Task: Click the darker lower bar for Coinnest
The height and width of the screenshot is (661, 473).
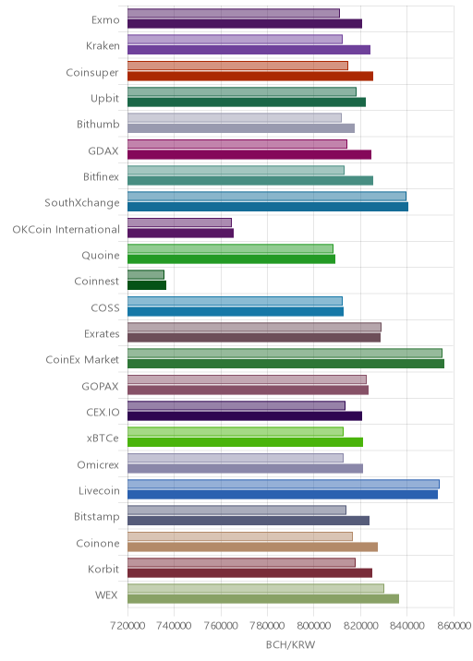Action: coord(147,285)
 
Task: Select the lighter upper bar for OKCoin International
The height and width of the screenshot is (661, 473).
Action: coord(180,222)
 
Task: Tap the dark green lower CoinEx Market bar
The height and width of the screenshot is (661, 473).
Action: coord(286,364)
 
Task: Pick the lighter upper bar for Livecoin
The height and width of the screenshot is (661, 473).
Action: coord(284,484)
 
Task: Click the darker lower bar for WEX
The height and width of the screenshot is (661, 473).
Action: coord(263,599)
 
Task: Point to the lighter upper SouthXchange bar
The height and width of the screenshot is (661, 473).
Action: coord(267,197)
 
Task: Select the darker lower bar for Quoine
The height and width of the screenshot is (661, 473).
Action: coord(232,259)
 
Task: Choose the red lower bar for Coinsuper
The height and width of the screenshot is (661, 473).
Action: coord(250,77)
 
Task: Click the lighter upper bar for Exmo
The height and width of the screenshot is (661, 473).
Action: coord(234,14)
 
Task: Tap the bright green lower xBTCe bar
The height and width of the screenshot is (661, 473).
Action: coord(246,442)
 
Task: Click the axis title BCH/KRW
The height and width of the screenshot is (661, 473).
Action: coord(291,645)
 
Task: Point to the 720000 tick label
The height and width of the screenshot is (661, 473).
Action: coord(127,626)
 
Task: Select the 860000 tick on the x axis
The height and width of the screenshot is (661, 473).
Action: coord(454,626)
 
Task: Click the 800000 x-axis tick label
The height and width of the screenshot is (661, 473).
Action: coord(314,626)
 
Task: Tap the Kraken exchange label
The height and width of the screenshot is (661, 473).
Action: coord(103,45)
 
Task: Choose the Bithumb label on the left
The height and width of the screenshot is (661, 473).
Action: coord(98,125)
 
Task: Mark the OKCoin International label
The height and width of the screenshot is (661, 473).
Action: coord(67,229)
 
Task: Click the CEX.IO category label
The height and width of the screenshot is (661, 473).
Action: coord(103,413)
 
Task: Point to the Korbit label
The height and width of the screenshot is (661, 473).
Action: coord(103,569)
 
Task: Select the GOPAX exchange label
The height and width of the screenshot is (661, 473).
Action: coord(101,386)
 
